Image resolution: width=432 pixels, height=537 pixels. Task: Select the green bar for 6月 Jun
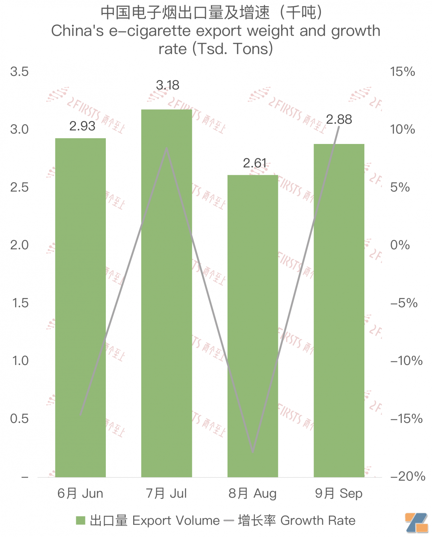[80, 308]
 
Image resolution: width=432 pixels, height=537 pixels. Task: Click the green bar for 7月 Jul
[166, 293]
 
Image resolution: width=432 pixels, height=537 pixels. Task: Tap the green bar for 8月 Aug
[253, 326]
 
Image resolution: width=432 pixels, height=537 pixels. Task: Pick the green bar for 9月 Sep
[339, 310]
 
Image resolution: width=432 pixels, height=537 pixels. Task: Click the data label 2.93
[82, 126]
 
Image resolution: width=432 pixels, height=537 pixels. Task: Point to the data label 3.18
[167, 85]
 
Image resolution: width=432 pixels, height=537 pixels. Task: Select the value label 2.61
[255, 163]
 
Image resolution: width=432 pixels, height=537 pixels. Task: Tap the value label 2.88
[339, 119]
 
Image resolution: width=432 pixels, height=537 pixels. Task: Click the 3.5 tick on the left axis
[19, 72]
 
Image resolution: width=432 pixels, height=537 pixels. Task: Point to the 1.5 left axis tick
[20, 303]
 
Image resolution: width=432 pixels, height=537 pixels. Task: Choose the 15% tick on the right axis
[402, 72]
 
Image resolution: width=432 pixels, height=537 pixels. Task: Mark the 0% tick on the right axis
[400, 245]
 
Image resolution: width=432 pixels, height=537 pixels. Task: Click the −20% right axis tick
[408, 476]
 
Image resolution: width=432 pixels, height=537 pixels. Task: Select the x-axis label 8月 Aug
[252, 493]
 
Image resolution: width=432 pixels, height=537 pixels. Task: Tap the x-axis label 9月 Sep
[339, 493]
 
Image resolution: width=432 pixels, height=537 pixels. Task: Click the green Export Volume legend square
[81, 520]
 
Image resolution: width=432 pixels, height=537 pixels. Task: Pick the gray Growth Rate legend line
[229, 520]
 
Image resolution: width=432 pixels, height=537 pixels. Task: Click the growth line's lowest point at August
[253, 451]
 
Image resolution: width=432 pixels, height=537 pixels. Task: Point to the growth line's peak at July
[167, 148]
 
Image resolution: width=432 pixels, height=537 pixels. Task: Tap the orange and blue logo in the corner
[417, 523]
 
